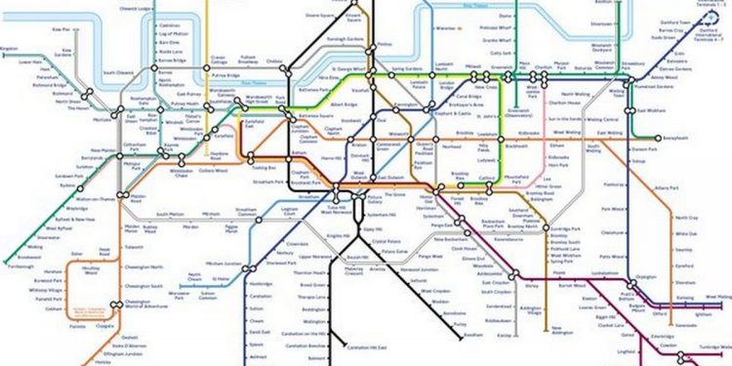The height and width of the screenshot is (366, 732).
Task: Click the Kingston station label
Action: pos(10,48)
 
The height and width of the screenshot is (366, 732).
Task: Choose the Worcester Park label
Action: pos(179,292)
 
